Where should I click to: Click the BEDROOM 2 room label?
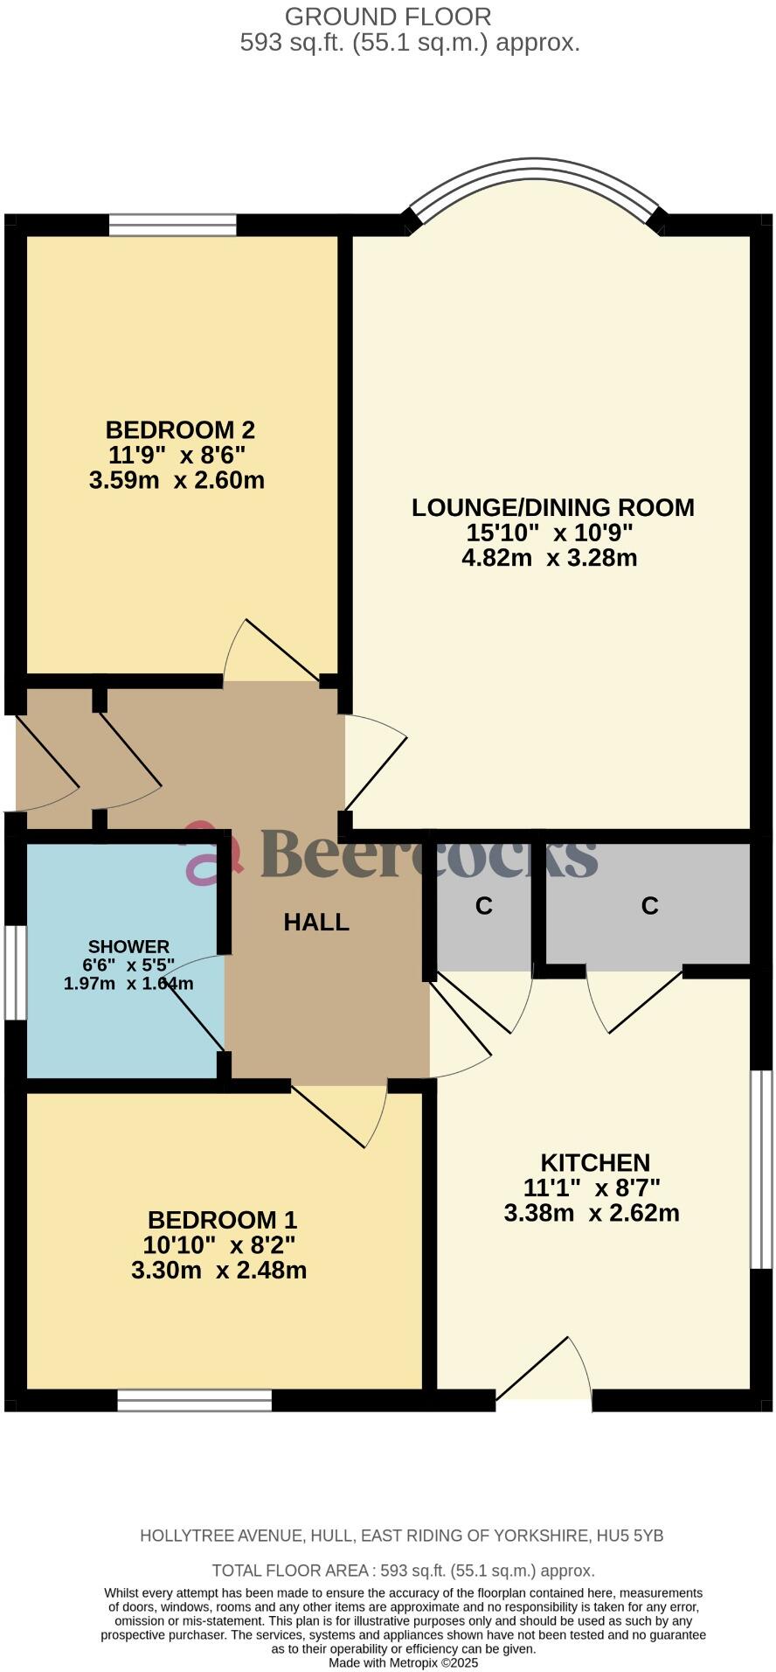tap(179, 429)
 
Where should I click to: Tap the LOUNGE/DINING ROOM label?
tap(552, 507)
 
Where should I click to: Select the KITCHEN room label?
tap(595, 1162)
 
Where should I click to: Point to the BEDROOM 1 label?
tap(222, 1219)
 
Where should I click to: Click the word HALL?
tap(316, 922)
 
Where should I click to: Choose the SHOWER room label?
tap(128, 946)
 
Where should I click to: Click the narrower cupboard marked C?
tap(484, 906)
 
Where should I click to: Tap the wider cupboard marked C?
tap(648, 906)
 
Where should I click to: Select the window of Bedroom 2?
tap(173, 226)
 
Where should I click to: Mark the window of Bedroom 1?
tap(194, 1400)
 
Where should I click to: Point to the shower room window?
tap(15, 972)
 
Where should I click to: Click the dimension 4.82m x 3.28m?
tap(549, 558)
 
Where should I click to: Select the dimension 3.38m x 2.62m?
tap(592, 1213)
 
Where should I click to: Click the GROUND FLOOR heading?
tap(388, 16)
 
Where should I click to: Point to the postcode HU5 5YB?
tap(629, 1536)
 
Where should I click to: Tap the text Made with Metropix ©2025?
tap(403, 1662)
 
